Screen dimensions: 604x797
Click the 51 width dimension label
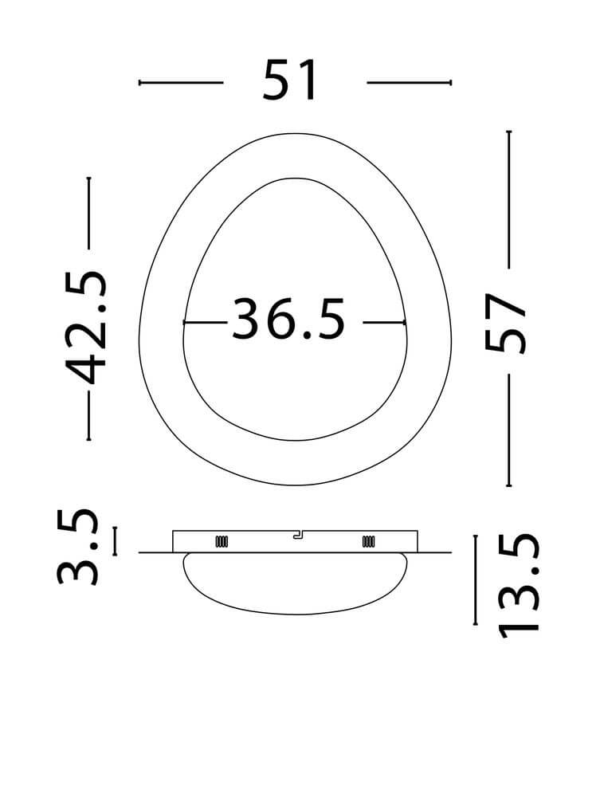pos(290,80)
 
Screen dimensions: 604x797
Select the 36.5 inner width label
pos(288,320)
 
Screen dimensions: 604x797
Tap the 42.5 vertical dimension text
pos(87,328)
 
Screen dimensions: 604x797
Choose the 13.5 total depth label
pos(518,585)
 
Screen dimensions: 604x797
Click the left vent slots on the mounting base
pos(222,542)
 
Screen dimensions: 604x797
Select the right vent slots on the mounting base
pos(368,542)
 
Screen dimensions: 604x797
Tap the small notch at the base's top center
pos(297,535)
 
